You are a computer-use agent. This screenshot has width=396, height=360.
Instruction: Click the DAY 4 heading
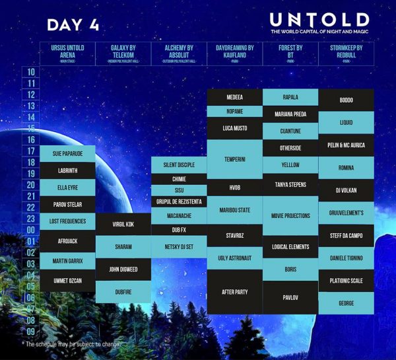click(73, 25)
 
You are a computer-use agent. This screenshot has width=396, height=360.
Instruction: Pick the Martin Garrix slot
click(67, 262)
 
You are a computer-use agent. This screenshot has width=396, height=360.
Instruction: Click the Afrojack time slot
click(67, 241)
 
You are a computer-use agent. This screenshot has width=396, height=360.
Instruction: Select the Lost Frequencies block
click(67, 221)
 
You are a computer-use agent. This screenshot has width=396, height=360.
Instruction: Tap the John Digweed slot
click(123, 269)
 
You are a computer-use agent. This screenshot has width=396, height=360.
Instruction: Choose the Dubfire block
click(123, 291)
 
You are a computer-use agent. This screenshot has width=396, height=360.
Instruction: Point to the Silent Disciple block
click(179, 165)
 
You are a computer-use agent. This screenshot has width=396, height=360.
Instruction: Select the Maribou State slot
click(235, 210)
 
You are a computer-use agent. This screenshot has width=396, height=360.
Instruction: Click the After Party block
click(235, 291)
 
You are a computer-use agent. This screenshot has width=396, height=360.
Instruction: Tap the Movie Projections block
click(290, 215)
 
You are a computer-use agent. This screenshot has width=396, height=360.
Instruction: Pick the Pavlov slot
click(290, 297)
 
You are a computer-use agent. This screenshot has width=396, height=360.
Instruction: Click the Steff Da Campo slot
click(346, 234)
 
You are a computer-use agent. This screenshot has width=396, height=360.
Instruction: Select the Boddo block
click(346, 100)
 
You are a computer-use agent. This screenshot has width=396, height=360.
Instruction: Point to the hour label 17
click(31, 151)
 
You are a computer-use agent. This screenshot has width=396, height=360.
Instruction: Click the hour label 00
click(31, 230)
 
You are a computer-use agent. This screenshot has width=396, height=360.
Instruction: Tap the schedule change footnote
click(73, 344)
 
